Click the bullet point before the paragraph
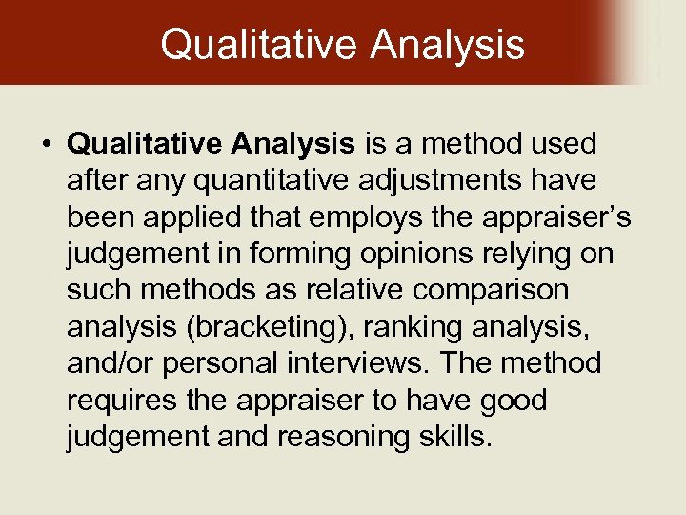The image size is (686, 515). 46,145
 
